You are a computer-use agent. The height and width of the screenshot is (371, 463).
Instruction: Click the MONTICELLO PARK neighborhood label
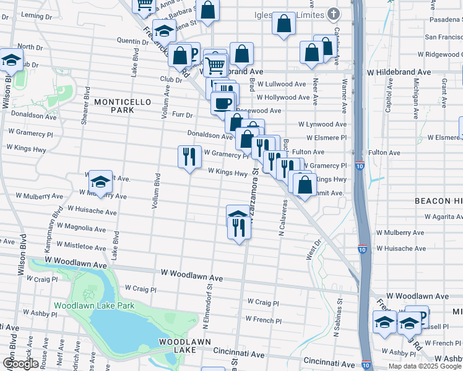(114, 105)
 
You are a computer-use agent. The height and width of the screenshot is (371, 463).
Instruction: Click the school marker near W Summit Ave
(100, 182)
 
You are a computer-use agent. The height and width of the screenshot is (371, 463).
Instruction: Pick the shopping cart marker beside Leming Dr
(144, 5)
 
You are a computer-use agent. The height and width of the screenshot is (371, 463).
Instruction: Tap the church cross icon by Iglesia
(334, 14)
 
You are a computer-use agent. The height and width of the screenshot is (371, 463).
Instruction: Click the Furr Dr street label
(183, 115)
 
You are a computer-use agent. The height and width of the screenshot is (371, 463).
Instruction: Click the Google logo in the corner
(20, 364)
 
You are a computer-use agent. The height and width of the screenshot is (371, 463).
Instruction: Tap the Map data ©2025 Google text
(425, 366)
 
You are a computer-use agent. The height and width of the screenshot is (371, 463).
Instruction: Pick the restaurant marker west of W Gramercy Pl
(189, 156)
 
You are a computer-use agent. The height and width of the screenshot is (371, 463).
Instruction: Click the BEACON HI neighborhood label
(438, 202)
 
